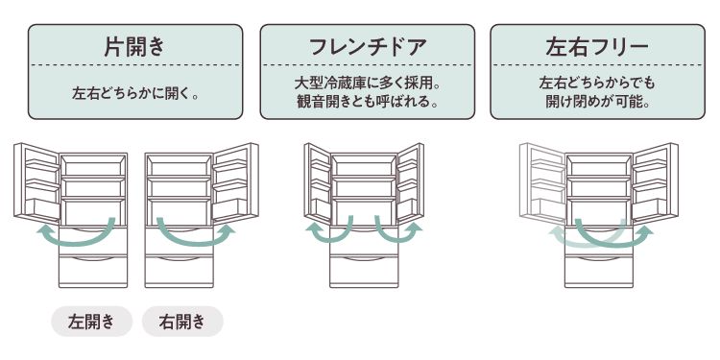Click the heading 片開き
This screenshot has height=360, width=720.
click(x=134, y=46)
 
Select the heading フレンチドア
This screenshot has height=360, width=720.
click(x=368, y=46)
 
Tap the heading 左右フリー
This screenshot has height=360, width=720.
click(x=597, y=46)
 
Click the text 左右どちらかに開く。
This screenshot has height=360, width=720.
click(x=134, y=95)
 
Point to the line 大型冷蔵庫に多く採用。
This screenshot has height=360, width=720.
click(x=368, y=84)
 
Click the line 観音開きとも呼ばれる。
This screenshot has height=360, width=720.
click(x=368, y=102)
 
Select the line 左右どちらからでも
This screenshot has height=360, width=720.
click(x=597, y=84)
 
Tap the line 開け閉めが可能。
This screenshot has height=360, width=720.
click(x=597, y=102)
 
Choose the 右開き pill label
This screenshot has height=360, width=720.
click(x=182, y=322)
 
